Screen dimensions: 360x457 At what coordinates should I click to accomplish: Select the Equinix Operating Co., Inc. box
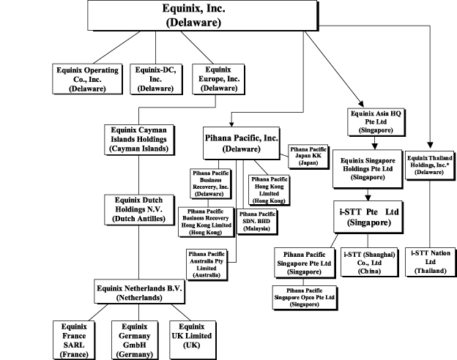87,78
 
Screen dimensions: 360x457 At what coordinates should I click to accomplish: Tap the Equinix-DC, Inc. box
155,78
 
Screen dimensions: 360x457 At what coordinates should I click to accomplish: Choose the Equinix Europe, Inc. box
216,78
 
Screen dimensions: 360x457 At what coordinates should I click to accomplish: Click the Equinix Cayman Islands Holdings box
138,138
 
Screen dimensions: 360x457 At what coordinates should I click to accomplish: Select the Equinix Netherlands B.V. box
138,293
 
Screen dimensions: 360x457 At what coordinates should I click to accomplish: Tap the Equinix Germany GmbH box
135,339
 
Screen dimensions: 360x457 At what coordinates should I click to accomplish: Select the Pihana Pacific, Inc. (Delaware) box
242,142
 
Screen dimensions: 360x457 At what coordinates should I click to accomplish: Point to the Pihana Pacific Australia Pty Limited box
211,263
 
